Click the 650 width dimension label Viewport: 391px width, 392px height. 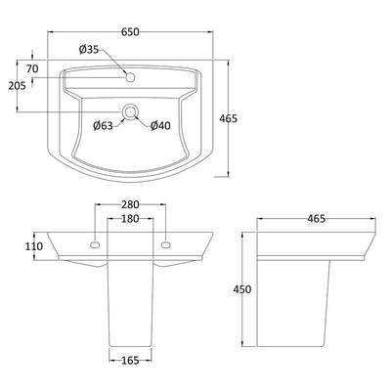coord(130,32)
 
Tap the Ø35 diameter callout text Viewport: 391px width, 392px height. coord(88,50)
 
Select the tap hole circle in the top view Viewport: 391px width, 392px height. coord(130,77)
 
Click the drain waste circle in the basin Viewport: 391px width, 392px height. coord(130,111)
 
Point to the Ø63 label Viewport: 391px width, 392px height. coord(103,126)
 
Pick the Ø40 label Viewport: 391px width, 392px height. coord(160,125)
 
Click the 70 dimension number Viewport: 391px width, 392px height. coord(32,68)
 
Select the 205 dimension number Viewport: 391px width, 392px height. coord(17,86)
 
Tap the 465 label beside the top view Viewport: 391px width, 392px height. coord(229,119)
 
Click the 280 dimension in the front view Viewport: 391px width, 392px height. coord(130,204)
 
